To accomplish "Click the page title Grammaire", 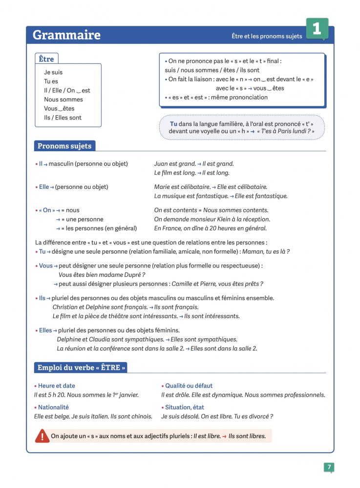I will click(x=66, y=35).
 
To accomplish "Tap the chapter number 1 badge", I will click(x=317, y=29).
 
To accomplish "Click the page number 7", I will click(x=329, y=468).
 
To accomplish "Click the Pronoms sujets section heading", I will click(x=64, y=145).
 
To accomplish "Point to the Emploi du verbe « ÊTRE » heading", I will click(x=82, y=367).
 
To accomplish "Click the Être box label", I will click(x=46, y=59).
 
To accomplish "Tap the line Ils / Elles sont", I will click(x=63, y=118).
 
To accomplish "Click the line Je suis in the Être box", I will click(x=53, y=72).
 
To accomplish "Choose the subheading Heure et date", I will click(x=56, y=386).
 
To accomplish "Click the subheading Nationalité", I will click(x=53, y=407).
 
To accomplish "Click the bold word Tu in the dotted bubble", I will click(x=173, y=124).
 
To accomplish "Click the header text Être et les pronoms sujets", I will click(x=267, y=37).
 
